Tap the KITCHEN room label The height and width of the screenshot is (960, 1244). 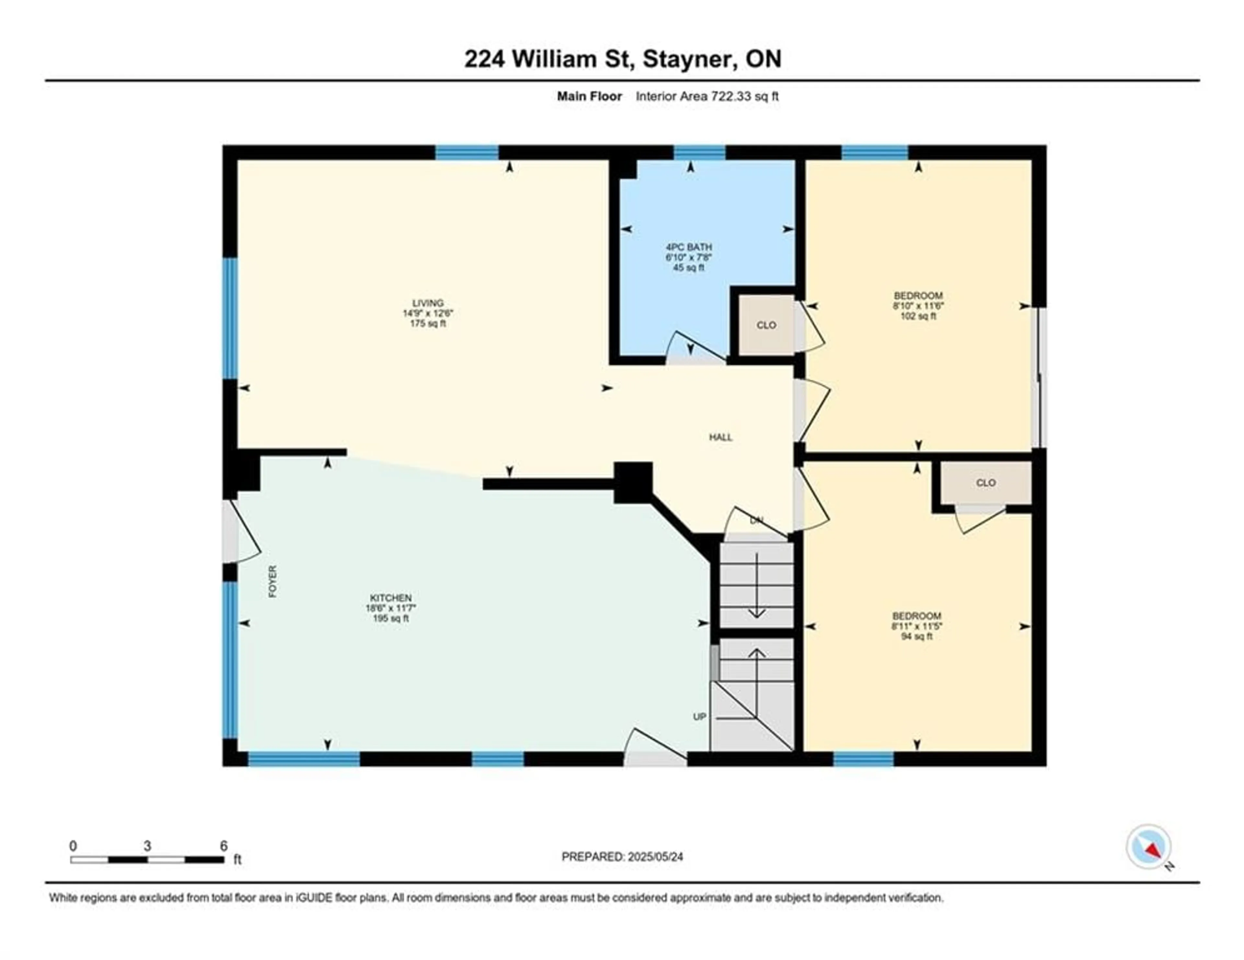pyautogui.click(x=391, y=598)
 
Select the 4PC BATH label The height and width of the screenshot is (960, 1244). pyautogui.click(x=689, y=247)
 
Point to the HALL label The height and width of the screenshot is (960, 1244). pyautogui.click(x=720, y=437)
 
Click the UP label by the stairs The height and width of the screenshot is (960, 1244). pyautogui.click(x=699, y=717)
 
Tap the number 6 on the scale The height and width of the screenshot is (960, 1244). pyautogui.click(x=224, y=846)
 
